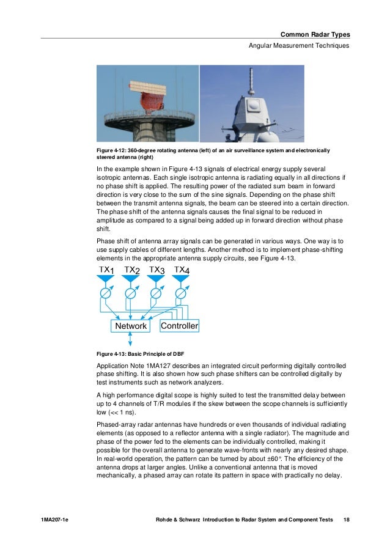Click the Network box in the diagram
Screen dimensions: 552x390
click(x=131, y=326)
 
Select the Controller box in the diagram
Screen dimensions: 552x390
click(x=179, y=326)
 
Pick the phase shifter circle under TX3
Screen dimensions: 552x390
click(x=156, y=293)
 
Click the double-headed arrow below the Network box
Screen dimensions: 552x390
click(x=122, y=340)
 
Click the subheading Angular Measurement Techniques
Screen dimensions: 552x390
click(x=298, y=46)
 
